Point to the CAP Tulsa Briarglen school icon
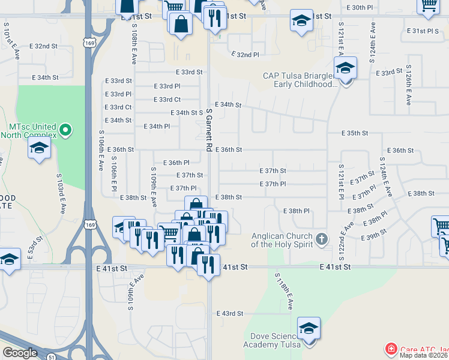click(x=345, y=69)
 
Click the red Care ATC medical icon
click(x=391, y=349)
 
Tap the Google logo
click(x=20, y=353)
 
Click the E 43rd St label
click(x=230, y=314)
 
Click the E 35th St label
click(x=354, y=133)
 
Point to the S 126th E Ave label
click(x=408, y=85)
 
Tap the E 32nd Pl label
click(x=246, y=55)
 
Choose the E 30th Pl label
click(x=360, y=8)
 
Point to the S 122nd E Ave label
click(x=345, y=236)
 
